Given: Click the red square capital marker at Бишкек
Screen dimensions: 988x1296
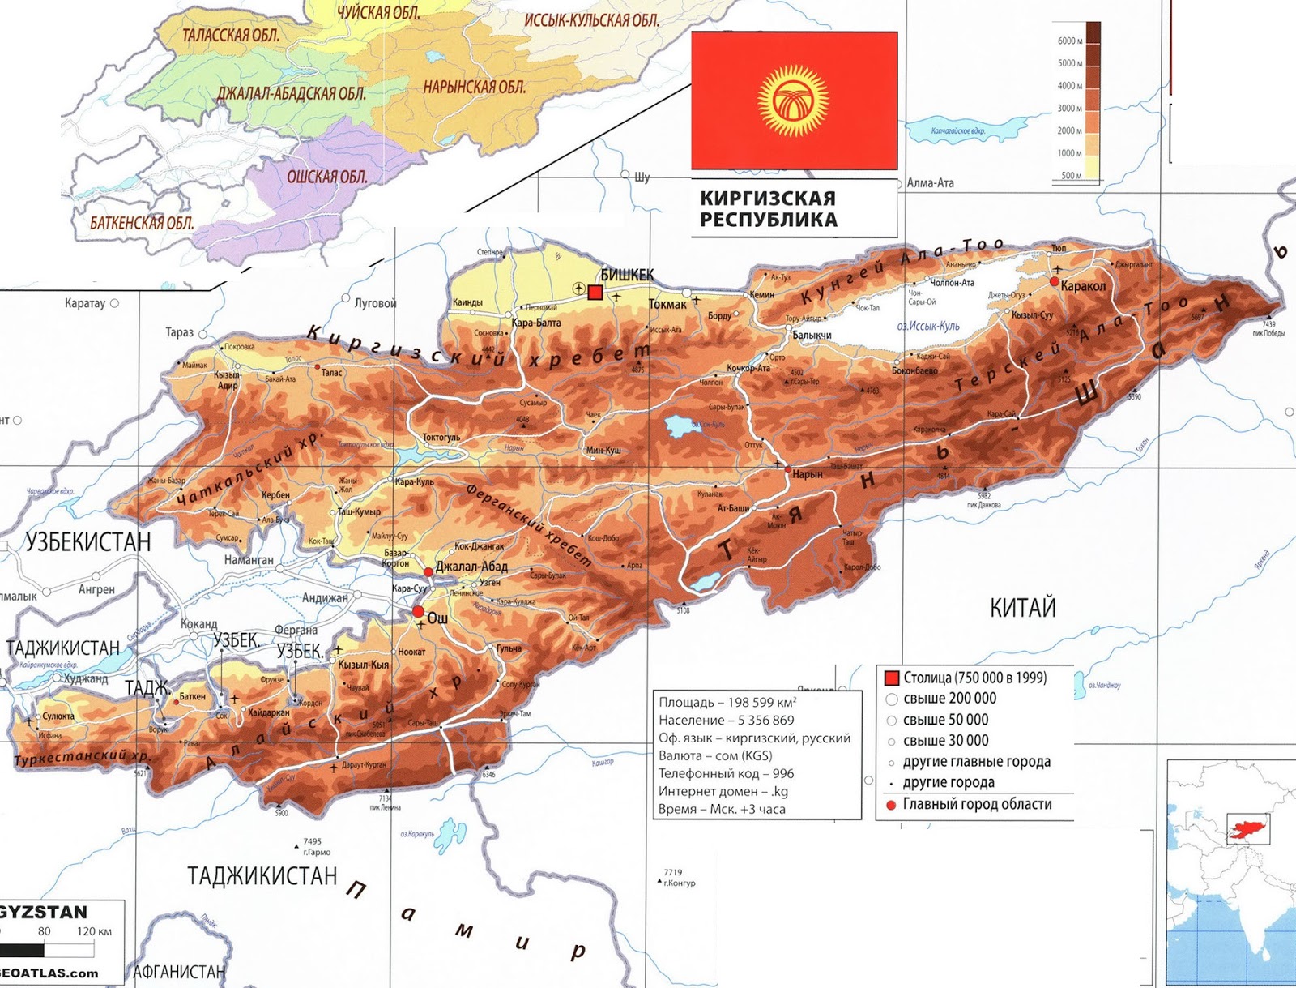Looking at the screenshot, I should point(595,293).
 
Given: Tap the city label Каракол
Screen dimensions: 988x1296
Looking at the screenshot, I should point(1083,286).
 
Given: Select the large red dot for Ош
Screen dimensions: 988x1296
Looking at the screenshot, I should point(418,612).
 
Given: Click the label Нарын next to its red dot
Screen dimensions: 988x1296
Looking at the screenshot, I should point(808,474).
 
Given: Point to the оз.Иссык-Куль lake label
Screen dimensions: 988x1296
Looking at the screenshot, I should point(928,326).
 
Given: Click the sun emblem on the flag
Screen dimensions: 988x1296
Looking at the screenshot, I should point(794,101).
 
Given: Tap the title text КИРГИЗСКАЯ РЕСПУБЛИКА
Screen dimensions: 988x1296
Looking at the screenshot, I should point(768,209).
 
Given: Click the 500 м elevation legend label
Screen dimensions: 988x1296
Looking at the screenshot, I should point(1071,175).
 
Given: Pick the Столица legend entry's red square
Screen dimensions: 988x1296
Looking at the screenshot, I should point(892,678).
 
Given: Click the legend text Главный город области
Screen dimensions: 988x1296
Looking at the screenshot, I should point(977,804).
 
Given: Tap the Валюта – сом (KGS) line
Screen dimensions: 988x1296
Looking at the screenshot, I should point(715,755).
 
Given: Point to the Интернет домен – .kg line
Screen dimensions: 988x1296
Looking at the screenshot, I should point(723,791).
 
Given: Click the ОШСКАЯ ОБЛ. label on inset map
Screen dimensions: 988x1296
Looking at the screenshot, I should point(327,177).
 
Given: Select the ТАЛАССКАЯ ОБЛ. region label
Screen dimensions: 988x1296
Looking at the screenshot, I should point(231,35).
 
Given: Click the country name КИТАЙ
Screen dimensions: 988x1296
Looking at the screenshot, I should point(1022,608).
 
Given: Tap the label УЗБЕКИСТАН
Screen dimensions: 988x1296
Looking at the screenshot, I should point(88,542).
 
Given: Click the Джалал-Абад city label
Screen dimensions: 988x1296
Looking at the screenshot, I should point(471,567).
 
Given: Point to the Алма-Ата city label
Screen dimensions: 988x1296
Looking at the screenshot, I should point(930,183).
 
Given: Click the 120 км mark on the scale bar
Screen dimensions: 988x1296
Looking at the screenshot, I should point(95,931).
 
